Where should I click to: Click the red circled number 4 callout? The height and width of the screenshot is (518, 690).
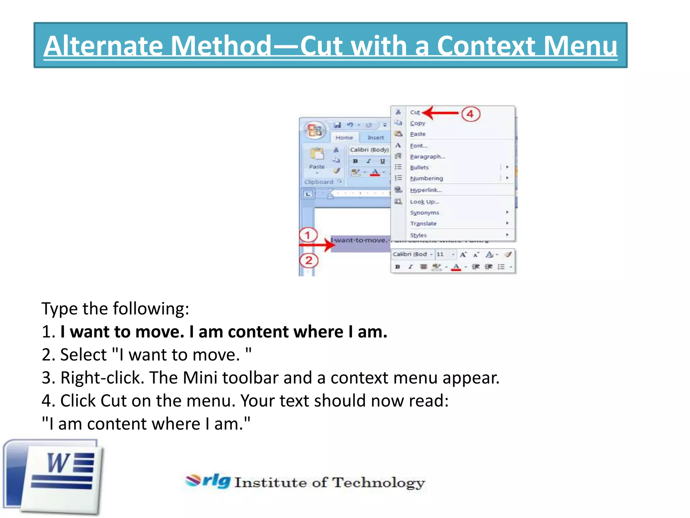[470, 114]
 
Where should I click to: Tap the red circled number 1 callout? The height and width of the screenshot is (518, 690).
[308, 235]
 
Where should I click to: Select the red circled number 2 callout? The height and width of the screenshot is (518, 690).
[309, 261]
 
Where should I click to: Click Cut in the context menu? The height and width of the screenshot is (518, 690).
[415, 112]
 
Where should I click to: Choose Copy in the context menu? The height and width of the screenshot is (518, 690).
[417, 123]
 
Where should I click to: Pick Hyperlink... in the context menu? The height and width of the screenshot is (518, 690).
[426, 190]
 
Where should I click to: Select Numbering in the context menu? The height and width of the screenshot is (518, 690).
[426, 178]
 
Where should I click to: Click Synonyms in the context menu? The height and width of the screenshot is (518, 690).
[425, 213]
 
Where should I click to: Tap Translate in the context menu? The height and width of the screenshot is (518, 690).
[423, 224]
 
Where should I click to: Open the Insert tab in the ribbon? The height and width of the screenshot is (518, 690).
[375, 138]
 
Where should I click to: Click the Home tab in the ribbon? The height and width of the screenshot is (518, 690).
[344, 138]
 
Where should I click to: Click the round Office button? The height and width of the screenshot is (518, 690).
[315, 131]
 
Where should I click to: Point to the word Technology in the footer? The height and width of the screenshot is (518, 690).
[379, 483]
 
